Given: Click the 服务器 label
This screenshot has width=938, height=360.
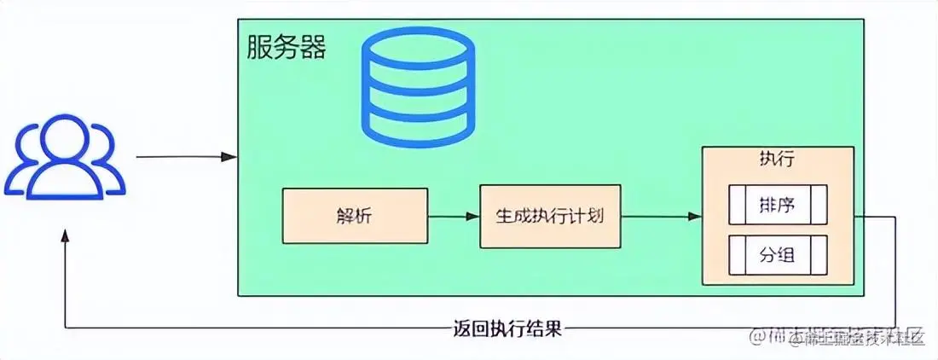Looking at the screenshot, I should tap(287, 47).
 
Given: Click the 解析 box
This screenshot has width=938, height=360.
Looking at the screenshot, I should tap(354, 216).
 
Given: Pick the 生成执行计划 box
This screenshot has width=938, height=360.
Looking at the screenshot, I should tap(549, 216).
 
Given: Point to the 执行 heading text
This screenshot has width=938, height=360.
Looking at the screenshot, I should tap(777, 160).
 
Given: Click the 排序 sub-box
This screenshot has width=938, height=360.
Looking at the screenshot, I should tap(777, 205).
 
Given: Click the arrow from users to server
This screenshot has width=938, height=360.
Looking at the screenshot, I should tap(183, 157).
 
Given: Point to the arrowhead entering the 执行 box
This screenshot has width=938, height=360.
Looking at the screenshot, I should tap(696, 216).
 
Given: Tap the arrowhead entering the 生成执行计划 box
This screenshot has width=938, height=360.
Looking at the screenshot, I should tap(473, 216).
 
